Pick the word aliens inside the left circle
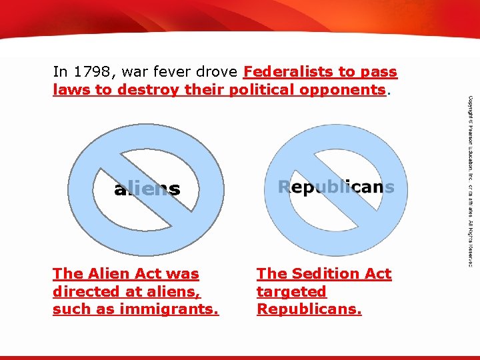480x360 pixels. (x=147, y=189)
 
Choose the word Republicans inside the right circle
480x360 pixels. (x=336, y=187)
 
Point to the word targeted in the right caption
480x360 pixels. (x=291, y=291)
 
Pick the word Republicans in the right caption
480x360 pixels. (x=309, y=309)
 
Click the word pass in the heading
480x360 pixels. (x=379, y=71)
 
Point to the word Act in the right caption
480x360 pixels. (x=377, y=273)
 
